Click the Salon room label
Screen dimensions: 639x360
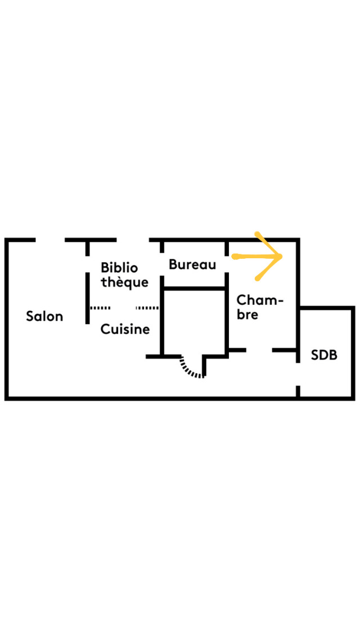(x=44, y=316)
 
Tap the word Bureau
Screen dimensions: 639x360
(x=192, y=264)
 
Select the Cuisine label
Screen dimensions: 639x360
(x=125, y=329)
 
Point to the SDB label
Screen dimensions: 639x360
(x=324, y=355)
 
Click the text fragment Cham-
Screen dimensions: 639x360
(x=260, y=300)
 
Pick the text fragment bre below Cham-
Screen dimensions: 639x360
(x=247, y=314)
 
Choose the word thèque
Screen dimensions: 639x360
(x=125, y=282)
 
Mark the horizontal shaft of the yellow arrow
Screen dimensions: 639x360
(x=253, y=258)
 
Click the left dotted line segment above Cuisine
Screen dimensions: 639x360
(x=101, y=308)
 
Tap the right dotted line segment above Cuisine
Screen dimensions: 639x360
(x=147, y=308)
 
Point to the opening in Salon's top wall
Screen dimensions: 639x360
(x=51, y=240)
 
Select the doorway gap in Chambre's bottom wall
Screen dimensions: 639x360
(x=259, y=350)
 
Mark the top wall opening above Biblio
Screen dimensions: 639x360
(x=133, y=240)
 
